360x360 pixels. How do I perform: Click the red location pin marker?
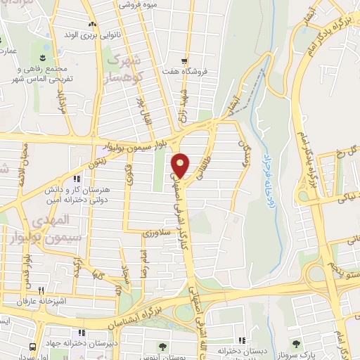pyautogui.click(x=181, y=165)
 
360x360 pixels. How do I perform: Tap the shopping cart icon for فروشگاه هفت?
pyautogui.click(x=186, y=60)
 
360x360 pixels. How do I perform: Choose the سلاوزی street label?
pyautogui.click(x=153, y=231)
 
